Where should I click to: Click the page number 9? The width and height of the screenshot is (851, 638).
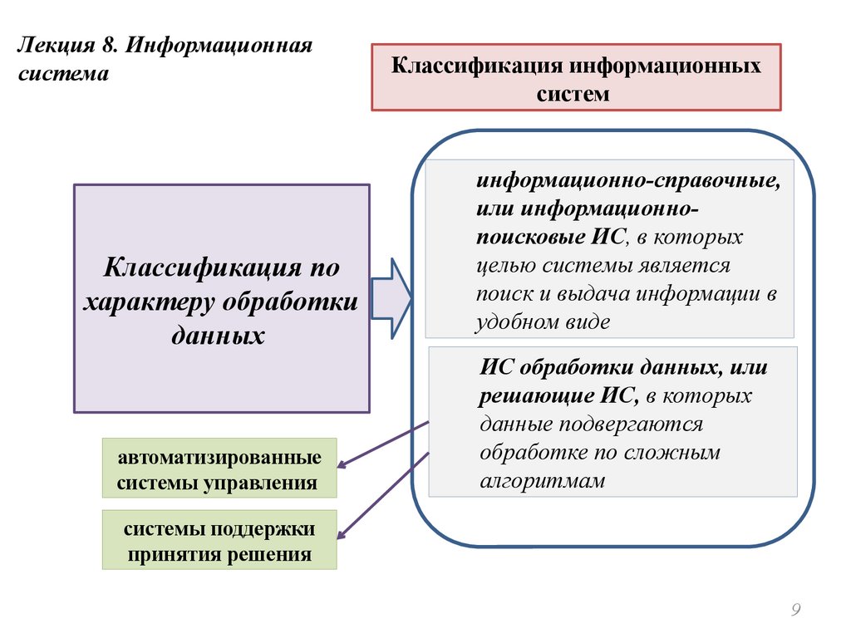point(795,611)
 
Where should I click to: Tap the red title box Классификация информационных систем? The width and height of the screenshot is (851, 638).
point(576,77)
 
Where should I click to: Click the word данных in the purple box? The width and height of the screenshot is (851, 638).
point(221,335)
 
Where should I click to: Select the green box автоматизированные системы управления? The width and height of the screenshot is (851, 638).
point(219,469)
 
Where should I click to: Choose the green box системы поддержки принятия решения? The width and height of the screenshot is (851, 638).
point(219,540)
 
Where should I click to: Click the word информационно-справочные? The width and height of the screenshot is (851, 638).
point(628,179)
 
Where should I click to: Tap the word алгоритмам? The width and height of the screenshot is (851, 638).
point(543,481)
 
